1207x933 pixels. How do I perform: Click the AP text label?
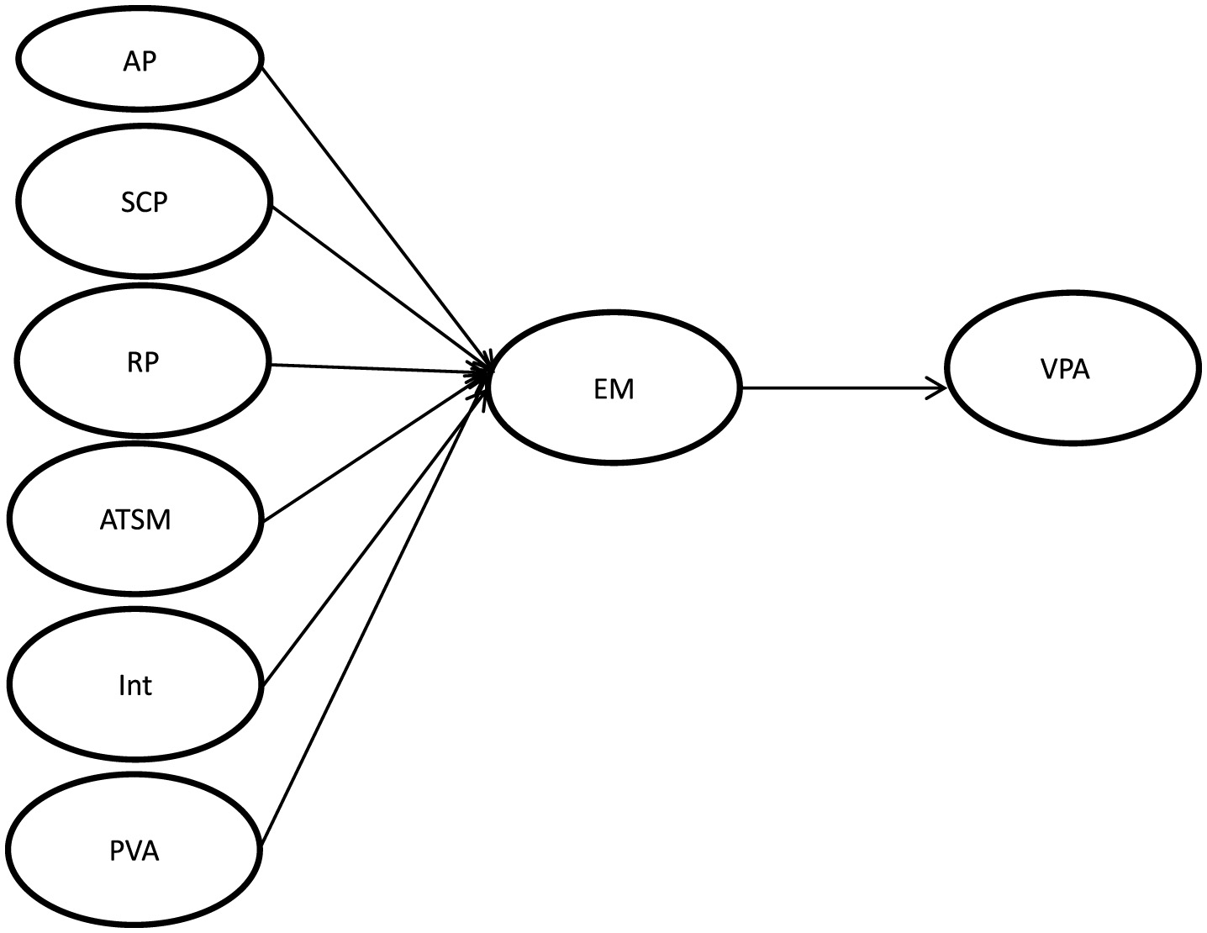140,61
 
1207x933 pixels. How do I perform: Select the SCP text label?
144,203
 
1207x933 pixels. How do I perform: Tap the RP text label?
142,361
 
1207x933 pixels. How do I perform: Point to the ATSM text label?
135,519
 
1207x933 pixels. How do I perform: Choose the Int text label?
135,685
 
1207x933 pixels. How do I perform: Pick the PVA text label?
134,851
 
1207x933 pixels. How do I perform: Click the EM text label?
614,389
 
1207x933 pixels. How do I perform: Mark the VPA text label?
1064,370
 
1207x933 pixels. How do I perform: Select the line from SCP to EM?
378,285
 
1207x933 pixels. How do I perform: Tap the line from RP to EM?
378,367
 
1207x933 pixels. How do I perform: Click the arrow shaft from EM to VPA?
841,388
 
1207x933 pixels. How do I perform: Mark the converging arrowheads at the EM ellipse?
484,374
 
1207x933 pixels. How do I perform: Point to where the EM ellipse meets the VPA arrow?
742,388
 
